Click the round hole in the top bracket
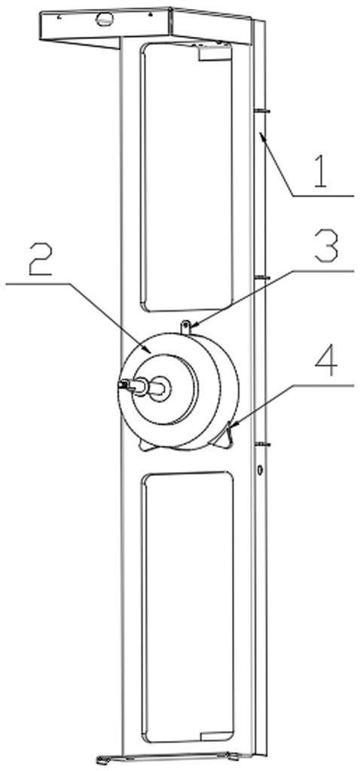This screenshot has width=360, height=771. click(x=104, y=19)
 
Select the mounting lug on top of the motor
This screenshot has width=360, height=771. click(x=185, y=327)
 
